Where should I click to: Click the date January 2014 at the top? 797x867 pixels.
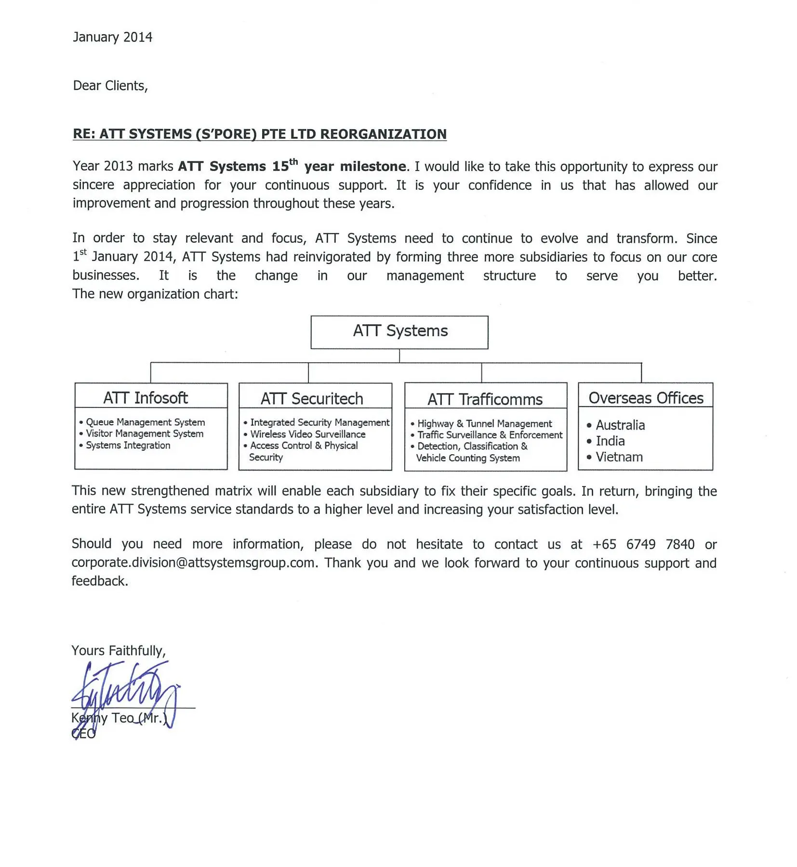coord(112,37)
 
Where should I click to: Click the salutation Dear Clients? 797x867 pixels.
coord(110,86)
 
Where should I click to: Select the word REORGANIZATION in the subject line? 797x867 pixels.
coord(383,134)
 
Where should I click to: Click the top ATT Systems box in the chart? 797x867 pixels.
coord(399,331)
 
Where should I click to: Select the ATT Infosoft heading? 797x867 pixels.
coord(146,398)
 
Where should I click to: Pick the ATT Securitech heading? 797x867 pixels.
coord(312,399)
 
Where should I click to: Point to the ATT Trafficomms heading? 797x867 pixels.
coord(485,399)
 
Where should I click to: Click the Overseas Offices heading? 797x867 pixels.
coord(646,398)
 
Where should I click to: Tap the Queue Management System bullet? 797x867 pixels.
coord(145,422)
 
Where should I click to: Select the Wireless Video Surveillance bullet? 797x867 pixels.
coord(307,434)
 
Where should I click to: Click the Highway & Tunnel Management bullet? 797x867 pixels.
coord(484,423)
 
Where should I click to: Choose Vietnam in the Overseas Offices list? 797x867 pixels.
coord(619,457)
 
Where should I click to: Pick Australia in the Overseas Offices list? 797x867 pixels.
coord(620,425)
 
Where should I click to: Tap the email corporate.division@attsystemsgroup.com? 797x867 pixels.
coord(193,563)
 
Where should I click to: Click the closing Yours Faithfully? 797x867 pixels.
coord(119,651)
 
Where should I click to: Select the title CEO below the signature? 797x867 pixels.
coord(84,734)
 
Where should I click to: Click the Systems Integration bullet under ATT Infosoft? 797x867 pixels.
coord(128,445)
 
